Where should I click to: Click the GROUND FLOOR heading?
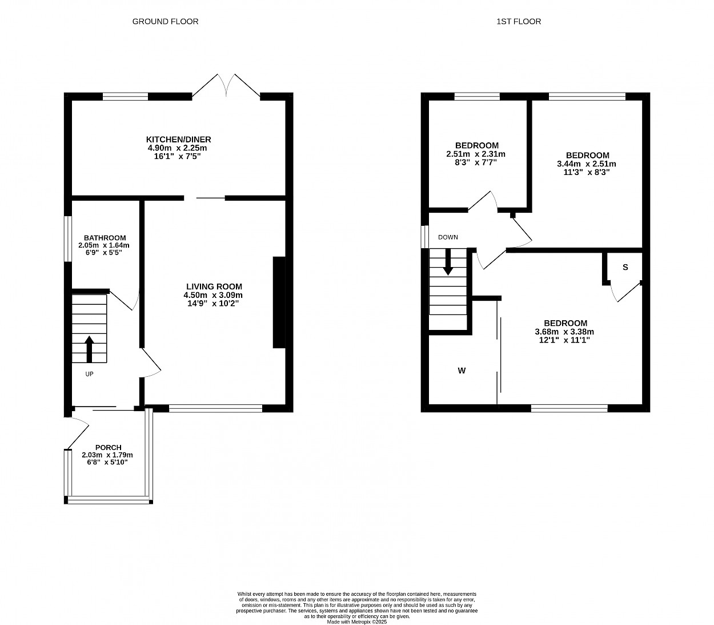165,22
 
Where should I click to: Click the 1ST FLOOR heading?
519,22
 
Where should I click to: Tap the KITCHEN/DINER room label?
178,140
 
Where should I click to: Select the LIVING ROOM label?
214,286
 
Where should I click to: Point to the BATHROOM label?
105,238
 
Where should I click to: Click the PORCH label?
108,447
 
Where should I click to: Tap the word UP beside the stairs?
89,374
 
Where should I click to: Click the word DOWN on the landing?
448,237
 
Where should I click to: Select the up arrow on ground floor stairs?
89,349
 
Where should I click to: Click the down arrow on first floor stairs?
448,262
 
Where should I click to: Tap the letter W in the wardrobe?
462,371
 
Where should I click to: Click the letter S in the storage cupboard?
625,267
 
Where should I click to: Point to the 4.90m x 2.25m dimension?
177,148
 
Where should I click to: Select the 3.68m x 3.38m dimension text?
564,332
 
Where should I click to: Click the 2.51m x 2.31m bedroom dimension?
476,154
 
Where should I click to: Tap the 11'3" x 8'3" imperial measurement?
586,172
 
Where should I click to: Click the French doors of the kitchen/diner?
226,86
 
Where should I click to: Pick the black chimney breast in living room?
279,302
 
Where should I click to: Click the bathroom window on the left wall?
68,239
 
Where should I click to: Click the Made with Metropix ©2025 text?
356,622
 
